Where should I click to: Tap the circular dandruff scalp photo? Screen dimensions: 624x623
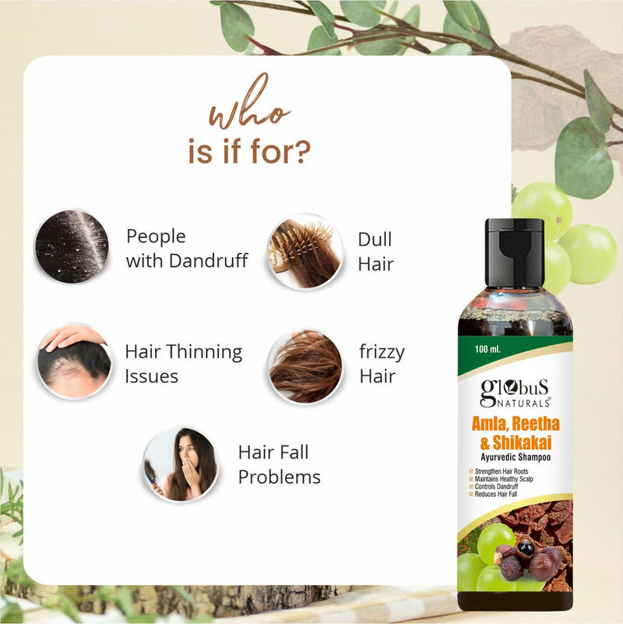click(x=71, y=246)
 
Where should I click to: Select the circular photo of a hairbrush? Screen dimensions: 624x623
click(x=305, y=251)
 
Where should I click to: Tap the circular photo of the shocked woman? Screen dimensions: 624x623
click(x=181, y=464)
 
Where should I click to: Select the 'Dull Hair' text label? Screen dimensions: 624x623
click(x=375, y=251)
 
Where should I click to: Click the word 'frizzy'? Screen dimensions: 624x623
click(x=382, y=353)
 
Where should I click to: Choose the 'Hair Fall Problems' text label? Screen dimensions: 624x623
click(x=279, y=464)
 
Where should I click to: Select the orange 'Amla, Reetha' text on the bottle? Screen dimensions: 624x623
click(x=515, y=425)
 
